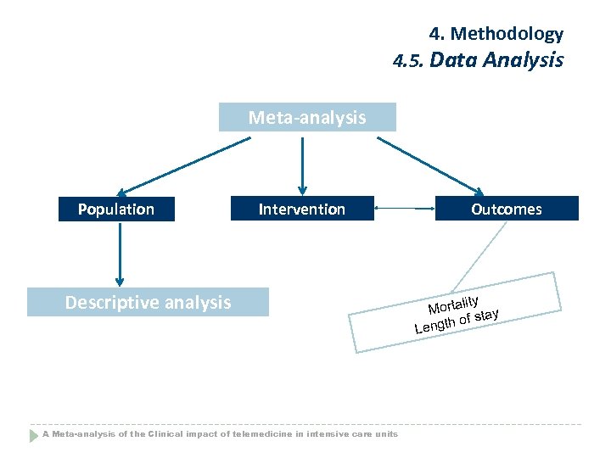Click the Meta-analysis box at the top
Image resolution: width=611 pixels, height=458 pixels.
(x=307, y=117)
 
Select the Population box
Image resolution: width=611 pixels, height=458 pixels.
(x=116, y=209)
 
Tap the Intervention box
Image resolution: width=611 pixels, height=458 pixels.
(x=302, y=209)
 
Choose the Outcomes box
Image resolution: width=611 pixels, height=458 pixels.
(x=507, y=209)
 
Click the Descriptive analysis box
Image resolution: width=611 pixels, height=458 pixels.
(x=148, y=302)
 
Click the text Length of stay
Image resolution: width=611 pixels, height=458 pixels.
(x=456, y=321)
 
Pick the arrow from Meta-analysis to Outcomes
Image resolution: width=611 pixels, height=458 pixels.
(x=431, y=165)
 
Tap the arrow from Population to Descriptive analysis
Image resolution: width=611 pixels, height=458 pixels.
(x=120, y=254)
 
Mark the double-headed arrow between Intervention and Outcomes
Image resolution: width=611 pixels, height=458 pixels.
(x=404, y=209)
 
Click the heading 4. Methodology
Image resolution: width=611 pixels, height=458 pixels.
(x=496, y=34)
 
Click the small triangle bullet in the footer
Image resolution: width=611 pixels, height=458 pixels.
(x=35, y=435)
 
